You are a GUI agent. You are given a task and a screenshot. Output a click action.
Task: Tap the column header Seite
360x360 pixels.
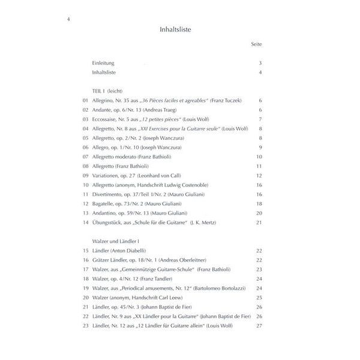pyautogui.click(x=256, y=45)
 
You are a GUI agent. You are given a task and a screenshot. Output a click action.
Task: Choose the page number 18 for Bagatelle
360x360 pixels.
pyautogui.click(x=259, y=204)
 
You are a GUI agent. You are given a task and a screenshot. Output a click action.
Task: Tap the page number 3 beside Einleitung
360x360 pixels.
pyautogui.click(x=260, y=64)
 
